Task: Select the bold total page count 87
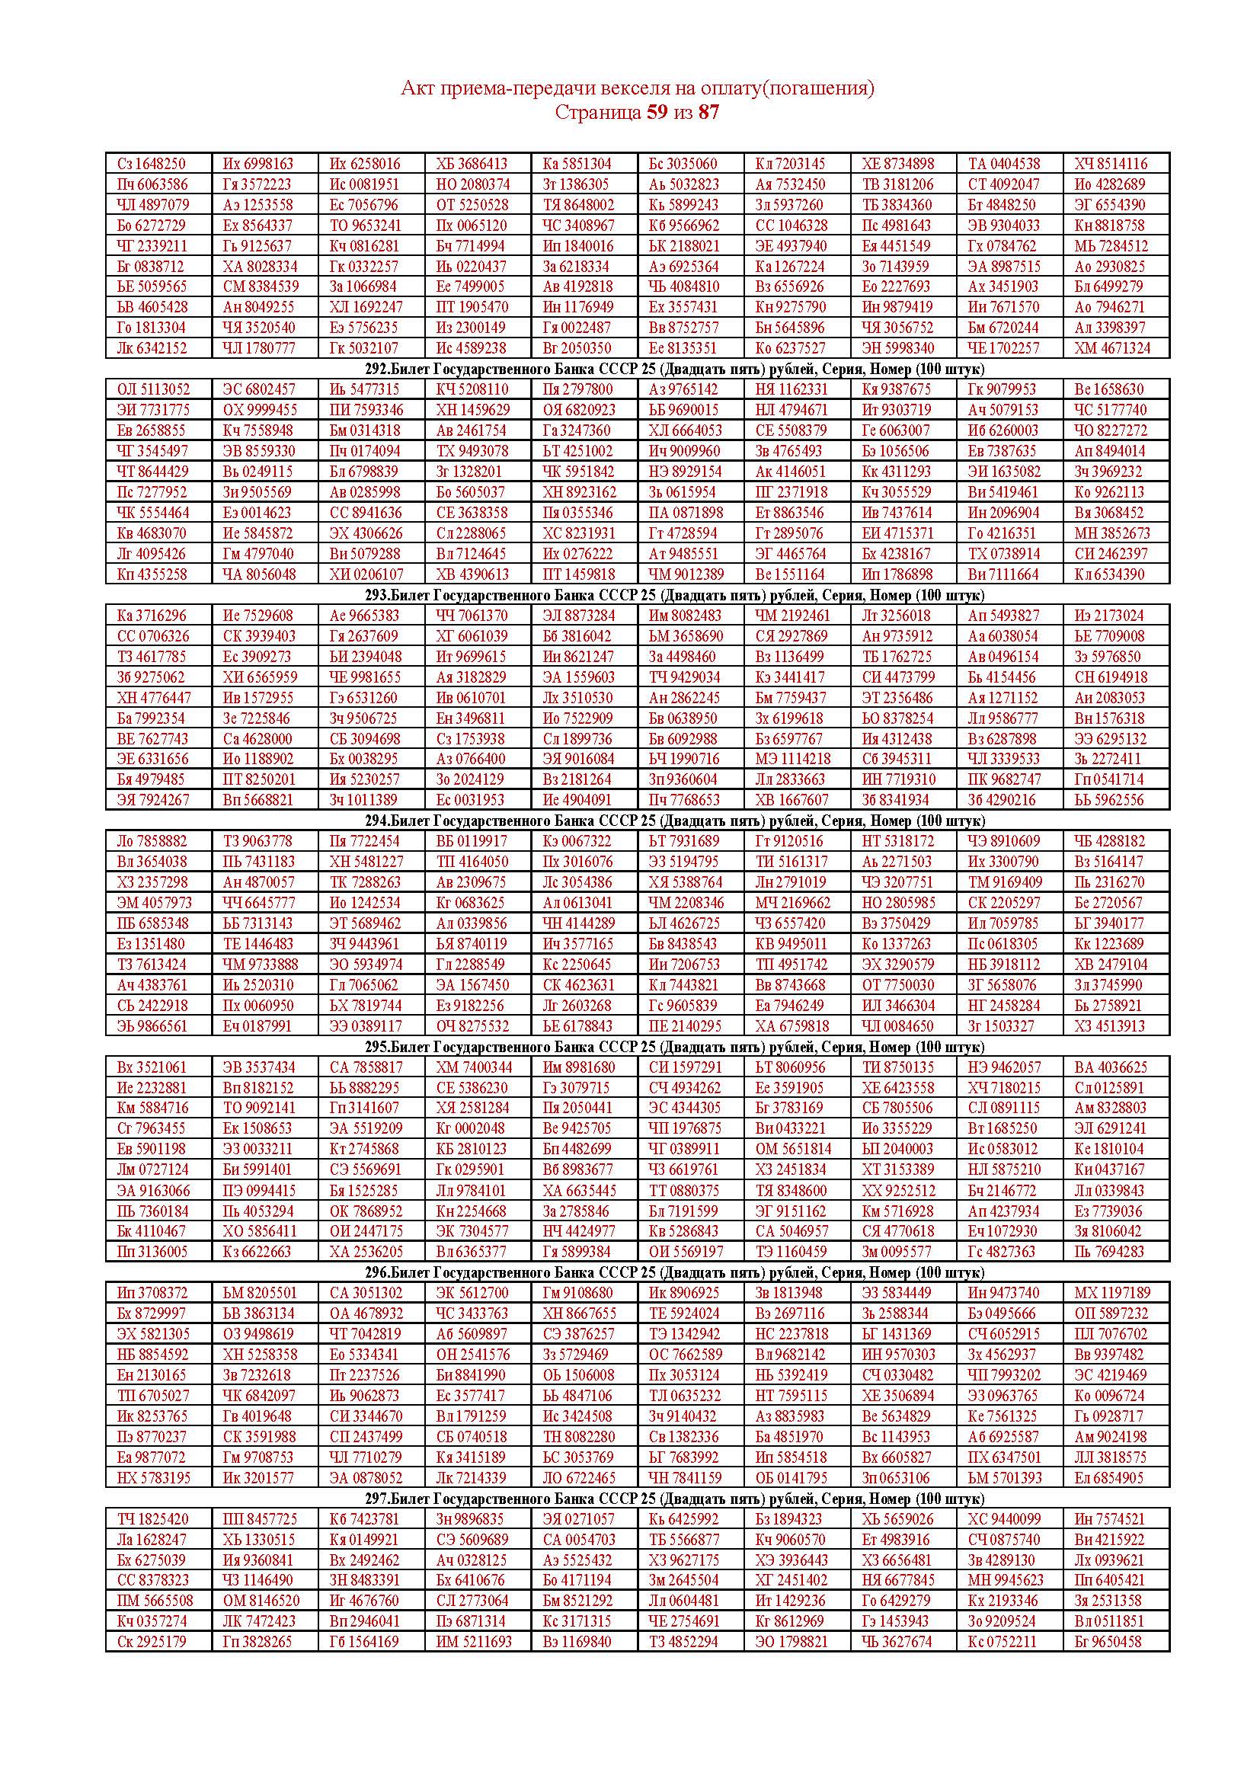708,113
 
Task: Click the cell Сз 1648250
152,164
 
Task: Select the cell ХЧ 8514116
1111,164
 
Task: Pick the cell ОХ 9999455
258,410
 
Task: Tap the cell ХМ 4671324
1111,347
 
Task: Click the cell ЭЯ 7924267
152,799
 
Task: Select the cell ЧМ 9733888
260,964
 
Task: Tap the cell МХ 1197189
1111,1293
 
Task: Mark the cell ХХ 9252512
898,1190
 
